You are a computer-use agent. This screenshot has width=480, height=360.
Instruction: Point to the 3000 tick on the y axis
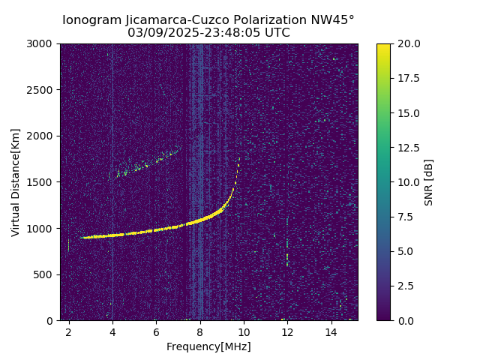tap(41, 44)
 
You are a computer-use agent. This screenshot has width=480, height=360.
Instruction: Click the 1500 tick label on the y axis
tap(41, 182)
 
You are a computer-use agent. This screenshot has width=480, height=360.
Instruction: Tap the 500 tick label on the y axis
tap(44, 274)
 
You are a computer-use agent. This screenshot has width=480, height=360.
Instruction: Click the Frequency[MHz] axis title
tap(208, 346)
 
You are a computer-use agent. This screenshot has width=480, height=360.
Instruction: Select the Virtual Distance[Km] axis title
tap(16, 182)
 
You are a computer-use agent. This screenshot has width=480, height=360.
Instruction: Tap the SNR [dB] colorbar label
tap(429, 182)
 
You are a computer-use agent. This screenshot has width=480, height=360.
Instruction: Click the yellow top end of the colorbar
tap(383, 46)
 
